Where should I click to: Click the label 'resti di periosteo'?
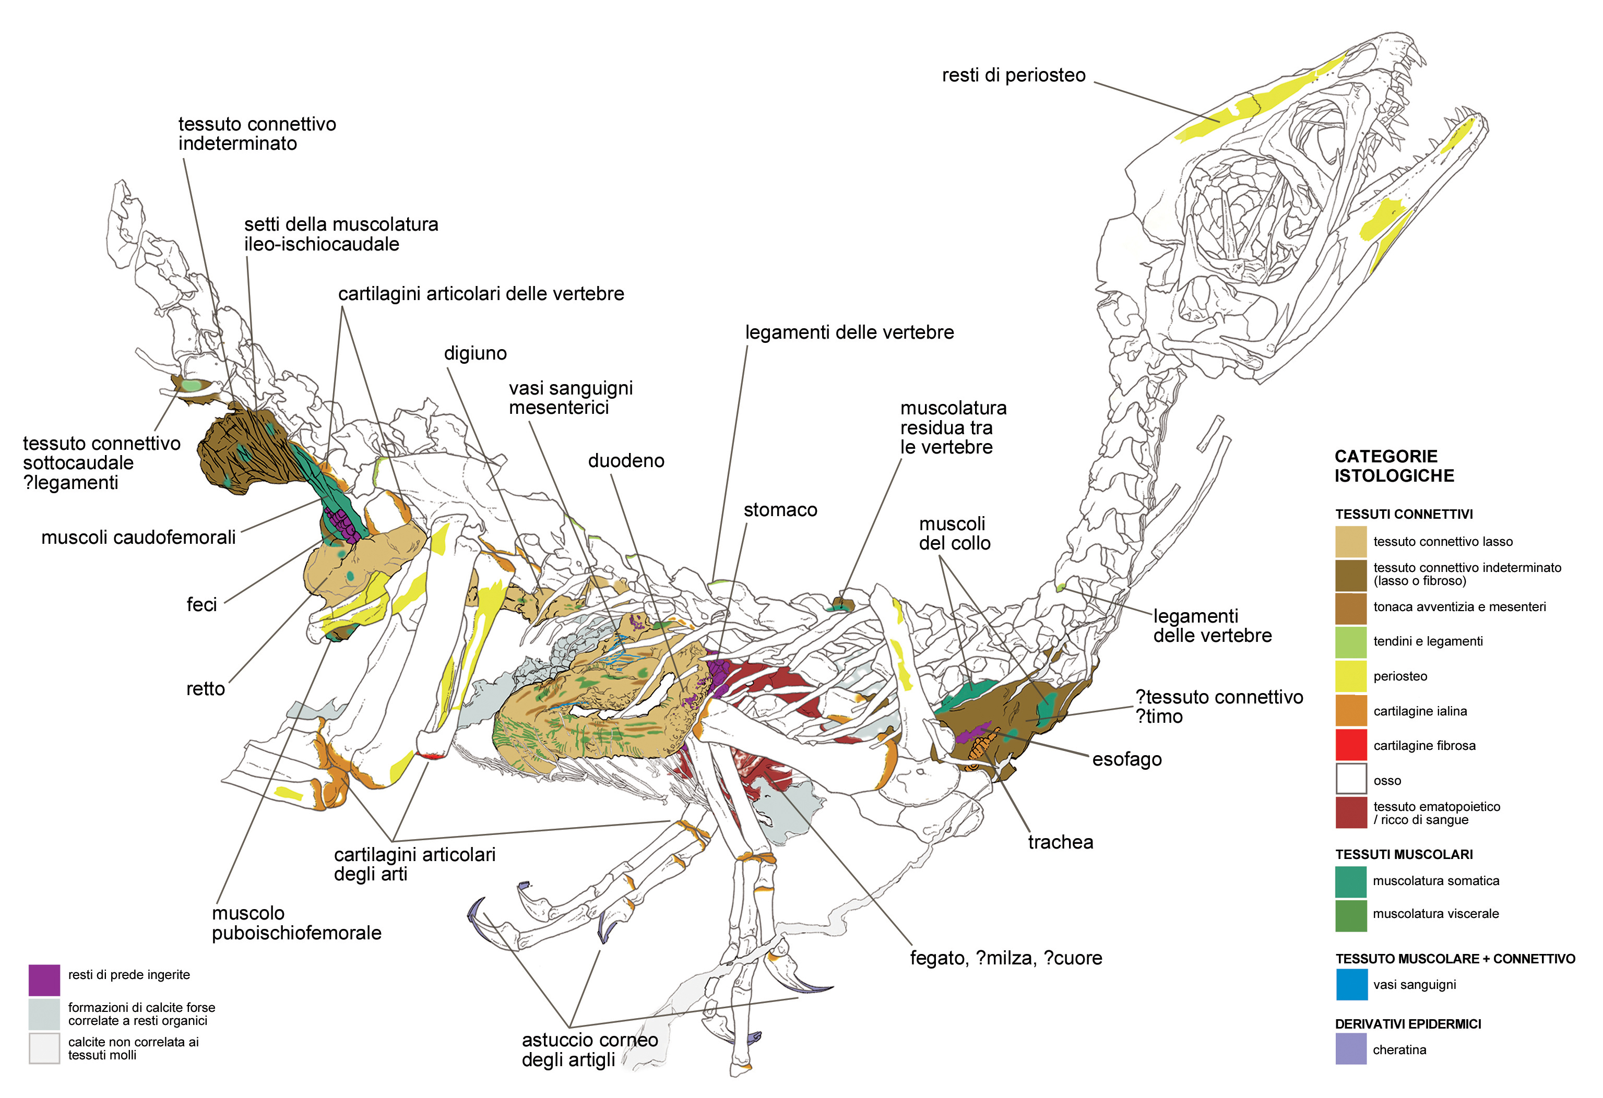click(x=1013, y=75)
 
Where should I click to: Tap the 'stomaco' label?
click(x=780, y=510)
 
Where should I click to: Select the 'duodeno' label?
click(x=626, y=461)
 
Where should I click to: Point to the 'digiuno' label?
click(x=475, y=353)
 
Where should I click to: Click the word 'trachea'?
click(x=1060, y=842)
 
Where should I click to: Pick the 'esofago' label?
click(x=1126, y=759)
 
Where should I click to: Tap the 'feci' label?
click(x=201, y=605)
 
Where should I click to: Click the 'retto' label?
click(x=206, y=689)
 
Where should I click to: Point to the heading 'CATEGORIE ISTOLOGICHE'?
click(x=1394, y=466)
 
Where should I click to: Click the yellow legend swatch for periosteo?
click(x=1350, y=676)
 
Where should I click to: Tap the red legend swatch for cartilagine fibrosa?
click(x=1350, y=745)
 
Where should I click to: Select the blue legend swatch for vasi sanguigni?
click(x=1350, y=984)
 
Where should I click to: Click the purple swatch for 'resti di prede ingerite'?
click(x=44, y=980)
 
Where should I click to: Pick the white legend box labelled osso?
click(x=1350, y=779)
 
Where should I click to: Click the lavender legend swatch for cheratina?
click(x=1350, y=1049)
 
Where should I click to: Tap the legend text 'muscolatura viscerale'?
click(x=1435, y=914)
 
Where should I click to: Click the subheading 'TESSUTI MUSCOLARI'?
click(x=1404, y=854)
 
